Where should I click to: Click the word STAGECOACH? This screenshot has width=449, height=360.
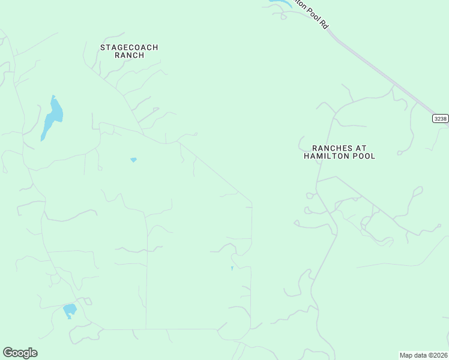click(x=129, y=47)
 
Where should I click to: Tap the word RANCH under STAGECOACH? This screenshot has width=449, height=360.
click(x=129, y=55)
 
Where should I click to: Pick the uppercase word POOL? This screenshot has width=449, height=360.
click(x=365, y=156)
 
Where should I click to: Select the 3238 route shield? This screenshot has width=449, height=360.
click(x=440, y=119)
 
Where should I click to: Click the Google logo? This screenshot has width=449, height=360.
click(x=20, y=353)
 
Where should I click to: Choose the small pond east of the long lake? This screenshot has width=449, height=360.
click(x=133, y=160)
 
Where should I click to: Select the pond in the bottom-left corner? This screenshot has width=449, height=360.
click(x=70, y=310)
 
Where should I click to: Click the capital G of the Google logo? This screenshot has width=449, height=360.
click(x=8, y=352)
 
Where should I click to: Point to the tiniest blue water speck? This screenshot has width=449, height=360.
click(x=232, y=268)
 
